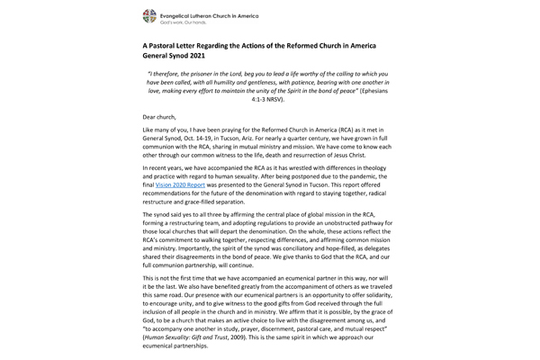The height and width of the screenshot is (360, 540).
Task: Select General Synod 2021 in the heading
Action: pos(183,57)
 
